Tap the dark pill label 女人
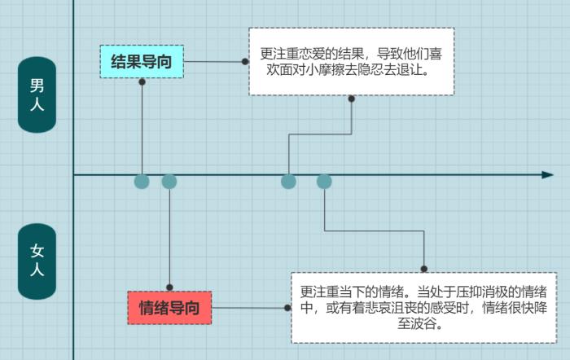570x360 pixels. [x=37, y=261]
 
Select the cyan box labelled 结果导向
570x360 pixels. [x=142, y=62]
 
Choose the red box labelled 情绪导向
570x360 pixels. [x=169, y=308]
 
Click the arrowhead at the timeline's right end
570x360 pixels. [x=547, y=174]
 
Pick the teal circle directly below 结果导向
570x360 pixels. [x=142, y=181]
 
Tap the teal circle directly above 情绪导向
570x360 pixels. [x=169, y=181]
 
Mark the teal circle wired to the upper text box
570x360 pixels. [x=288, y=181]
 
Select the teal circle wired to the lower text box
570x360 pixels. [x=324, y=181]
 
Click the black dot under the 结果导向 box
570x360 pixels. [x=142, y=81]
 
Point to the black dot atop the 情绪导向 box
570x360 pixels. [x=169, y=288]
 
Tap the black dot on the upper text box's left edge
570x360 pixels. [x=245, y=61]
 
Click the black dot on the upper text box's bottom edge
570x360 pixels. [x=352, y=99]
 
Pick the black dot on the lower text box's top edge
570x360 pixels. [x=423, y=268]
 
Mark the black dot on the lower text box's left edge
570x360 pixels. [x=287, y=308]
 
